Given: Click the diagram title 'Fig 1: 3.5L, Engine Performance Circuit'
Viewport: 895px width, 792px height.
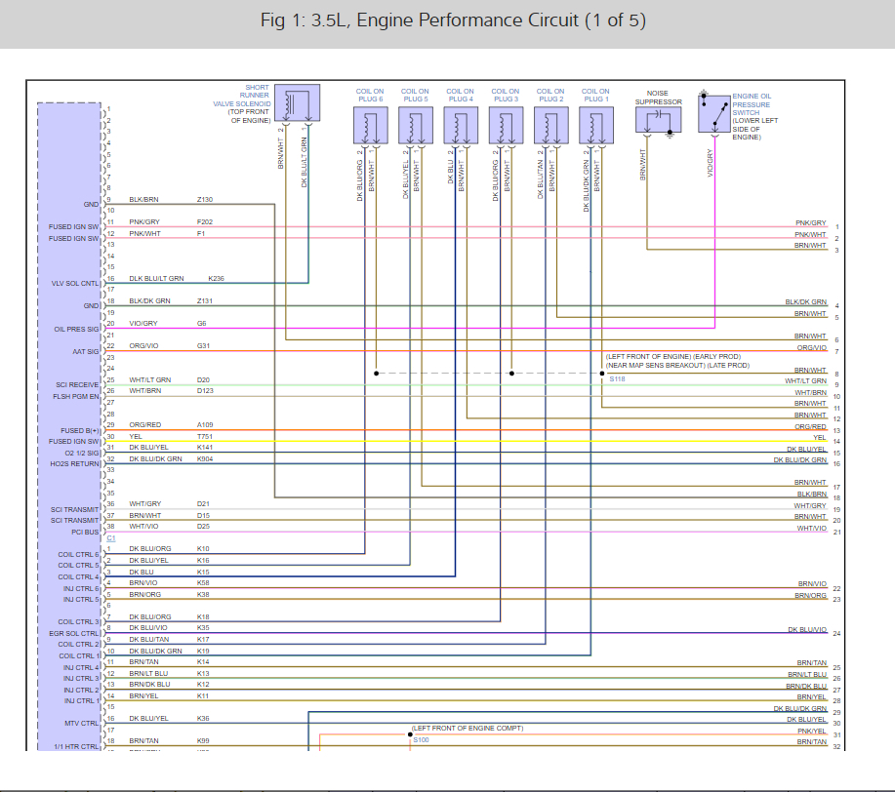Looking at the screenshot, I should coord(453,21).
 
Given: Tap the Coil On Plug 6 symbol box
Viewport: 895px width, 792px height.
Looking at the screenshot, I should coord(369,124).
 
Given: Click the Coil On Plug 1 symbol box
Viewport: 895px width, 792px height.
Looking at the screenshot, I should coord(593,124).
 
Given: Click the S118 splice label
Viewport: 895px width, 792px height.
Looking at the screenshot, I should coord(617,379).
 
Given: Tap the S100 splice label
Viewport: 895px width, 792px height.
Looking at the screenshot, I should coord(421,740).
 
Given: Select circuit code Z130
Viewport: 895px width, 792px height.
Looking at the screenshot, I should coord(205,199).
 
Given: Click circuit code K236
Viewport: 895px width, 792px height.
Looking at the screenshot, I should coord(217,278).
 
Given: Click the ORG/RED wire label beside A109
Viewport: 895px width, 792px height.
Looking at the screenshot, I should coord(145,425).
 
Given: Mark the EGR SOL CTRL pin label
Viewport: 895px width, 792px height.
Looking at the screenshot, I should coord(76,633).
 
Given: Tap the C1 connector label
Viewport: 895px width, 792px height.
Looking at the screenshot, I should coord(110,538).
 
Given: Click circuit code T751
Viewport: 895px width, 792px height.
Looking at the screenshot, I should coord(205,437).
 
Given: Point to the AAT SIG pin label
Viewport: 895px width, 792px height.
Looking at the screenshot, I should coord(86,351).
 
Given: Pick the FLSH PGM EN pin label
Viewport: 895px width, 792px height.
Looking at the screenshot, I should coord(76,397).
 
